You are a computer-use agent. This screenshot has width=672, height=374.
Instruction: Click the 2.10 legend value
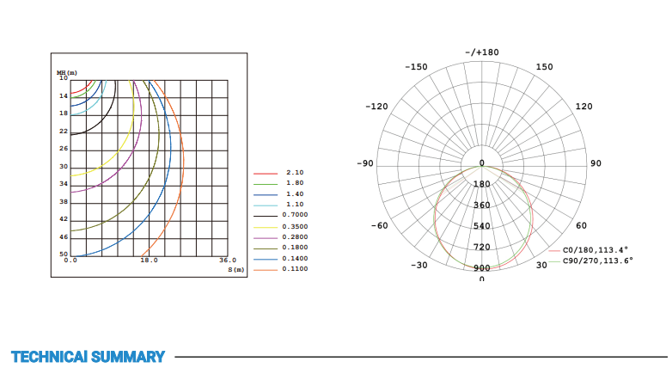[295, 173]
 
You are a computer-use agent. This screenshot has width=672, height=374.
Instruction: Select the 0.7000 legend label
[295, 215]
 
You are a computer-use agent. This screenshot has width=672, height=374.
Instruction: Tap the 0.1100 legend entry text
[295, 269]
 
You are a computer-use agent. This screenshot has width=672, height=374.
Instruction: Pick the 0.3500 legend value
[295, 226]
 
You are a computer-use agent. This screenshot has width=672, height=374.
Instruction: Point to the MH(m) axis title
[67, 73]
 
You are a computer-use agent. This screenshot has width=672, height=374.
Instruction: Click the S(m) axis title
[236, 270]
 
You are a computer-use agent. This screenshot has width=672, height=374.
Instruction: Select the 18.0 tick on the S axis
[150, 261]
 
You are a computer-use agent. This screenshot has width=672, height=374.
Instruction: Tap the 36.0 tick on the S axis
[228, 261]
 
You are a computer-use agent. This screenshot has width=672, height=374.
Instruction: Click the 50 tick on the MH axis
[64, 254]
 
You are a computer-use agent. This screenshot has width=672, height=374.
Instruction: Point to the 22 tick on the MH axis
[64, 132]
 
